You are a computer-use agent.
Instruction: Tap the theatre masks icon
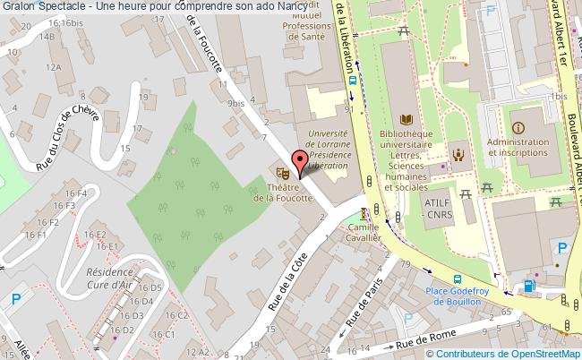coord(282,170)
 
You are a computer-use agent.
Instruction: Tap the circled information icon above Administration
coord(518,127)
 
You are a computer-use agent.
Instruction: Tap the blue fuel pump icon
coord(528,287)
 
